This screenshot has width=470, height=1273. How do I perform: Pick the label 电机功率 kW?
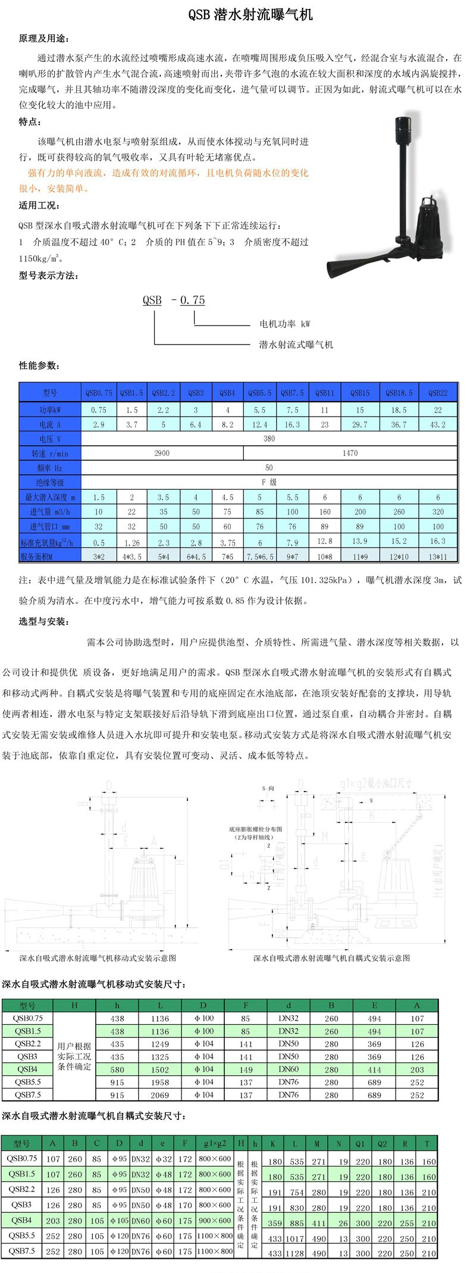pos(284,324)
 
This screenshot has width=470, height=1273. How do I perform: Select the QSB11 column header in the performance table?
pos(325,393)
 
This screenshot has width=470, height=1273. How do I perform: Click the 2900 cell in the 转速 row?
pos(162,453)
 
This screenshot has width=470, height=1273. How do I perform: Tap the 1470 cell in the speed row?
pos(350,453)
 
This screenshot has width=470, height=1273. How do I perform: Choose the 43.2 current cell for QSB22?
pos(438,424)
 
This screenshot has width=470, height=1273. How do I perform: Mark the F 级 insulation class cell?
pos(270,483)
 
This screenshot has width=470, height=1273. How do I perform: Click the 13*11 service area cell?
pos(438,556)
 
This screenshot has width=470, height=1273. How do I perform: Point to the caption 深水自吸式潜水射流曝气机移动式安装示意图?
pos(98,958)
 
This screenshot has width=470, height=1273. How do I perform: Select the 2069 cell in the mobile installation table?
pos(160,1094)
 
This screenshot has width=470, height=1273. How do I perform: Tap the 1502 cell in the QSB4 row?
pos(160,1069)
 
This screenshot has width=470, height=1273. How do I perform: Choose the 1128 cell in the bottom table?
pos(295,1254)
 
